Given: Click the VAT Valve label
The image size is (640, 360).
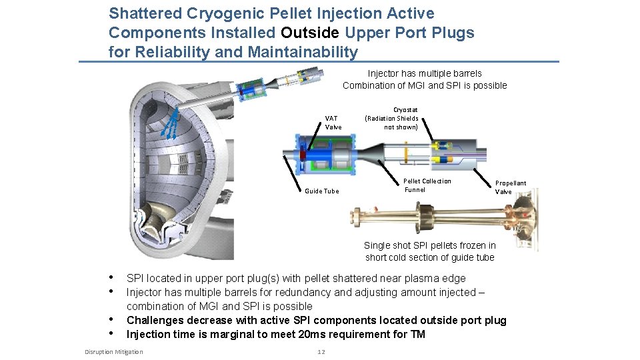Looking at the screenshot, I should point(333,123).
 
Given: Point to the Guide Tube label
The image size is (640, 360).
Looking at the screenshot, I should point(321,191).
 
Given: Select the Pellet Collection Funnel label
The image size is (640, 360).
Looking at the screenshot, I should point(427,185).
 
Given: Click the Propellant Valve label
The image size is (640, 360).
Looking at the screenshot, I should point(510,187).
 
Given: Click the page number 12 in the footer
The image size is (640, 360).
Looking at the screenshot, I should point(321,352).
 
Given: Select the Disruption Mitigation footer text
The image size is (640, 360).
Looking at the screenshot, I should point(113,352).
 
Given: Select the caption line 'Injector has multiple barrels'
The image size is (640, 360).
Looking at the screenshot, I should point(424,73).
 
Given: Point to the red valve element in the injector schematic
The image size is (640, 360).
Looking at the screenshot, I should point(301,155).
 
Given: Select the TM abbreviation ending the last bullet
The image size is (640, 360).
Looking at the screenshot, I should point(417,335).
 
